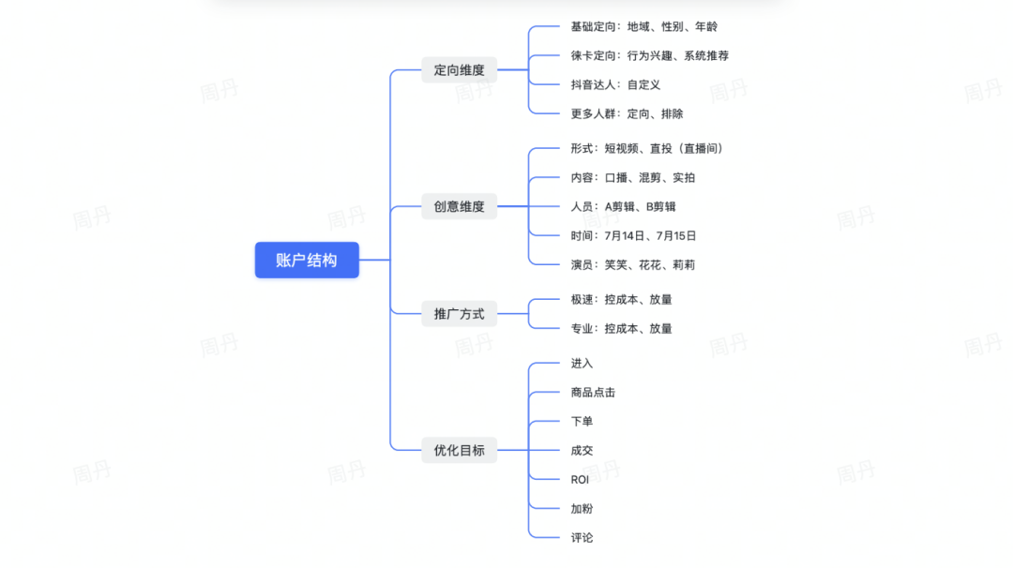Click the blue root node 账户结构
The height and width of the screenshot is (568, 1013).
tap(307, 260)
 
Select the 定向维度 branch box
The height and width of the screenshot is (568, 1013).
tap(459, 70)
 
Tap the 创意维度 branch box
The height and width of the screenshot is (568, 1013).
tap(459, 206)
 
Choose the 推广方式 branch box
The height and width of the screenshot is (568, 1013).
tap(459, 314)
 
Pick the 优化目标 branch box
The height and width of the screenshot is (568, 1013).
tap(459, 450)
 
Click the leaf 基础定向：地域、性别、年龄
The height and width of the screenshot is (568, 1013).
tap(643, 26)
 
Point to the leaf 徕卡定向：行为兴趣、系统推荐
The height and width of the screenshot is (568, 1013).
tap(649, 55)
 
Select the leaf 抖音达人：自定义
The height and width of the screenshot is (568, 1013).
tap(615, 84)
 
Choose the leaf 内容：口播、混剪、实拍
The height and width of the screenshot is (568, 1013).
tap(632, 177)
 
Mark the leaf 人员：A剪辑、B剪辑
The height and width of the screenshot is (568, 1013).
tap(623, 206)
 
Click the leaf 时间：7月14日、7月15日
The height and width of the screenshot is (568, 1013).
tap(633, 235)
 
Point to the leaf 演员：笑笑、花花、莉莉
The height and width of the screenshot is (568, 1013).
tap(632, 264)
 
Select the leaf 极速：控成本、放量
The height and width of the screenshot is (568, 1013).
tap(621, 299)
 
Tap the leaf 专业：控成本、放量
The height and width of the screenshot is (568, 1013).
tap(621, 328)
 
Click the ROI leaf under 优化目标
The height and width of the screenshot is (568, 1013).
tap(580, 479)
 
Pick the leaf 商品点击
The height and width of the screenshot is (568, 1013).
tap(593, 392)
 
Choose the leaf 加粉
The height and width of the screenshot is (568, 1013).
tap(582, 508)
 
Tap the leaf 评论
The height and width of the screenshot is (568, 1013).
tap(582, 537)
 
